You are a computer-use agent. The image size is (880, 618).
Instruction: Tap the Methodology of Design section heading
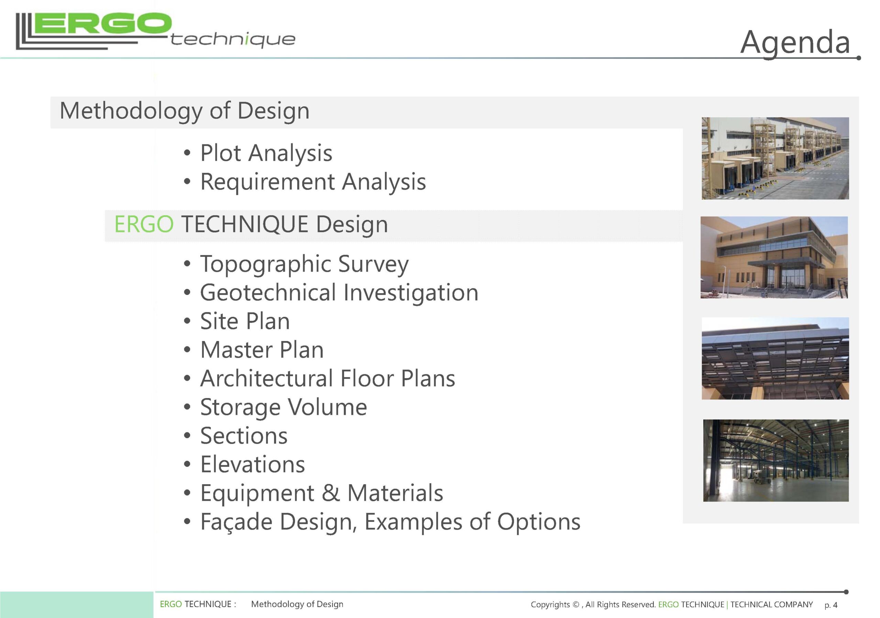[184, 111]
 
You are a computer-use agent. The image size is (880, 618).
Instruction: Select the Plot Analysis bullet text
[266, 153]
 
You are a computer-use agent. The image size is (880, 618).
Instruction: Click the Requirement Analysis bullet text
[313, 181]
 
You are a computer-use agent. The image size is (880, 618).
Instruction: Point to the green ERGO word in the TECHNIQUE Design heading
[144, 224]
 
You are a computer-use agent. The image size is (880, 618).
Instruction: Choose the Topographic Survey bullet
[304, 264]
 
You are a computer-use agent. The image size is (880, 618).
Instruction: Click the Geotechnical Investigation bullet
[339, 293]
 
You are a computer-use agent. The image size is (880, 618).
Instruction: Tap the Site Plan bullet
[245, 321]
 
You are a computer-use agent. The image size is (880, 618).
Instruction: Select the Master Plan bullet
[262, 350]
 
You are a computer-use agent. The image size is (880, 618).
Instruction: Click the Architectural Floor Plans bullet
[328, 378]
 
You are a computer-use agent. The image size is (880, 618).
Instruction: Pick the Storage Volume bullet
[284, 407]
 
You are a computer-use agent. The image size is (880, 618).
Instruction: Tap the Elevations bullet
[253, 464]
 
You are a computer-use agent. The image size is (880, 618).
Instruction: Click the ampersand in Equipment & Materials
[331, 493]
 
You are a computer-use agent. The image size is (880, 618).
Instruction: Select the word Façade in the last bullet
[236, 522]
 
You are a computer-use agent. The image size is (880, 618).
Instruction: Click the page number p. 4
[831, 605]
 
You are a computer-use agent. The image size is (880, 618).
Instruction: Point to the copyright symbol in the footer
[576, 605]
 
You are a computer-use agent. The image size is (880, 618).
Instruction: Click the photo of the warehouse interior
[776, 461]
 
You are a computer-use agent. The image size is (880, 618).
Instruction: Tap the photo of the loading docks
[775, 158]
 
